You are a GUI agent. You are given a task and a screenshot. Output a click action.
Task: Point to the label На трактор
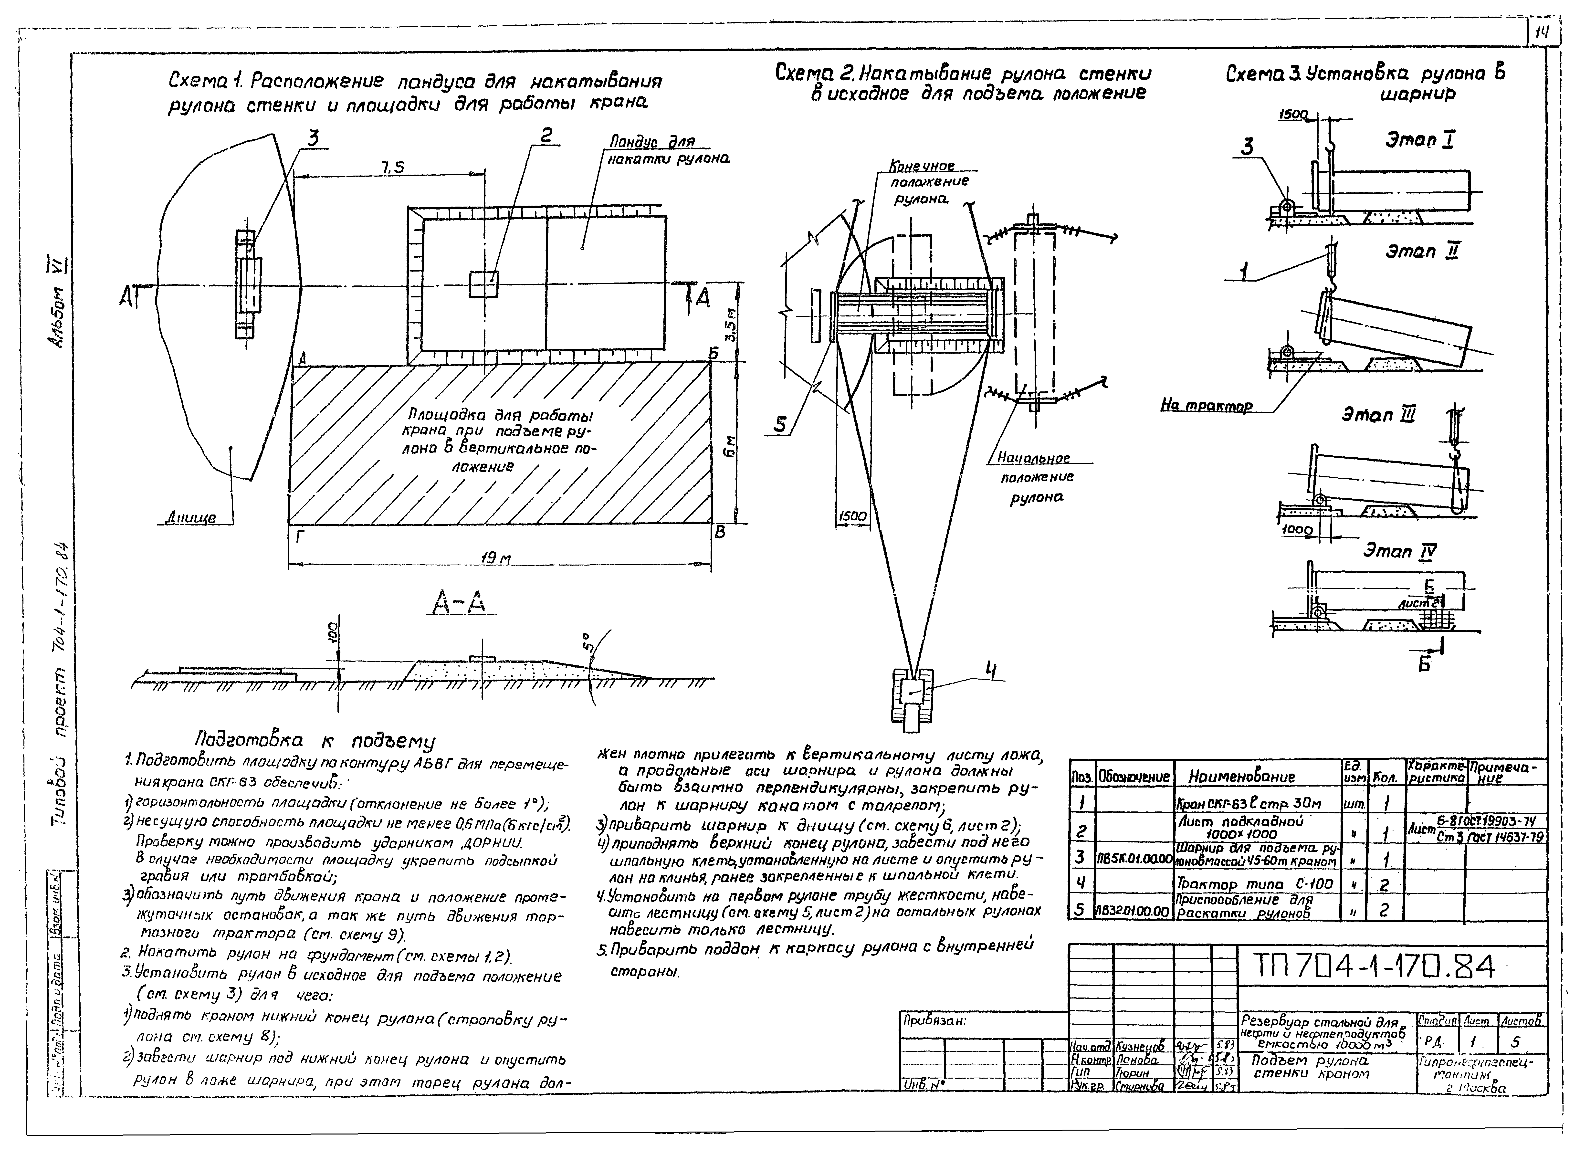click(x=1207, y=406)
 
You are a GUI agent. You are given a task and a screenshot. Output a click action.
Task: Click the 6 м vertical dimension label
click(x=730, y=446)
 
